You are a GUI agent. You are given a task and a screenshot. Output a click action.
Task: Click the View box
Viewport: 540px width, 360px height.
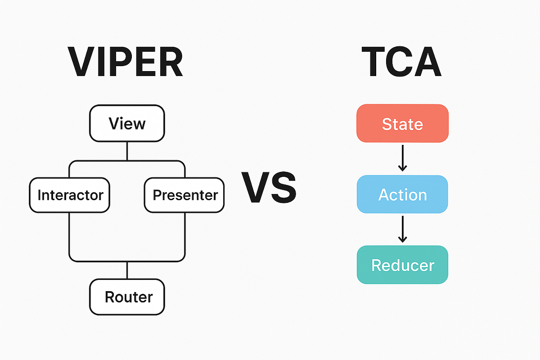tap(127, 123)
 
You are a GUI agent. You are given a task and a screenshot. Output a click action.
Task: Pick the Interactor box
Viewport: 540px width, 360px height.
tap(70, 195)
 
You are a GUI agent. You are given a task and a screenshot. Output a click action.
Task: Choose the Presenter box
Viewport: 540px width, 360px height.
tap(184, 195)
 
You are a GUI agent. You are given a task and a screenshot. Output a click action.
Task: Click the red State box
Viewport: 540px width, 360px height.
tap(402, 123)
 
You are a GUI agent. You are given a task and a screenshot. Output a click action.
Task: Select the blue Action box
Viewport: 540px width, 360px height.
tap(402, 194)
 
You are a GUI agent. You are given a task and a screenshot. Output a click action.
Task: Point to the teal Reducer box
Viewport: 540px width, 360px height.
tap(402, 265)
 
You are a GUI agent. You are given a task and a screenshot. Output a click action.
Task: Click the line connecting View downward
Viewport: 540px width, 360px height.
tap(127, 151)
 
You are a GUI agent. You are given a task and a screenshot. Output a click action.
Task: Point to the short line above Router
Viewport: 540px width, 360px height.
tap(127, 270)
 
